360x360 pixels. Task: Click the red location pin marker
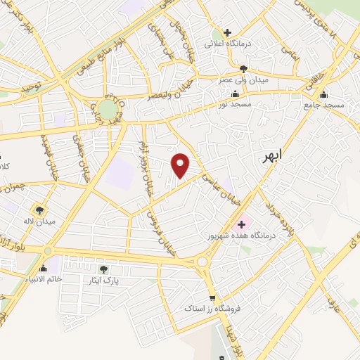coord(181,165)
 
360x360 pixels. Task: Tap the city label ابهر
coord(267,157)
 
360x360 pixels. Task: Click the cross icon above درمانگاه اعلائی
coord(226,32)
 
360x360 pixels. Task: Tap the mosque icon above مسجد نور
coord(235,94)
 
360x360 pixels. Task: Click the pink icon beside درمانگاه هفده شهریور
coord(241,224)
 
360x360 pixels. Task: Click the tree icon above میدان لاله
coord(39,210)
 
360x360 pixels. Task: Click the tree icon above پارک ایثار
coord(103,269)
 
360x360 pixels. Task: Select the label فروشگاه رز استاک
coord(212,308)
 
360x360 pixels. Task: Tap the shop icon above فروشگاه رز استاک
coord(212,297)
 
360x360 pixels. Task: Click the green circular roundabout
coord(107,109)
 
